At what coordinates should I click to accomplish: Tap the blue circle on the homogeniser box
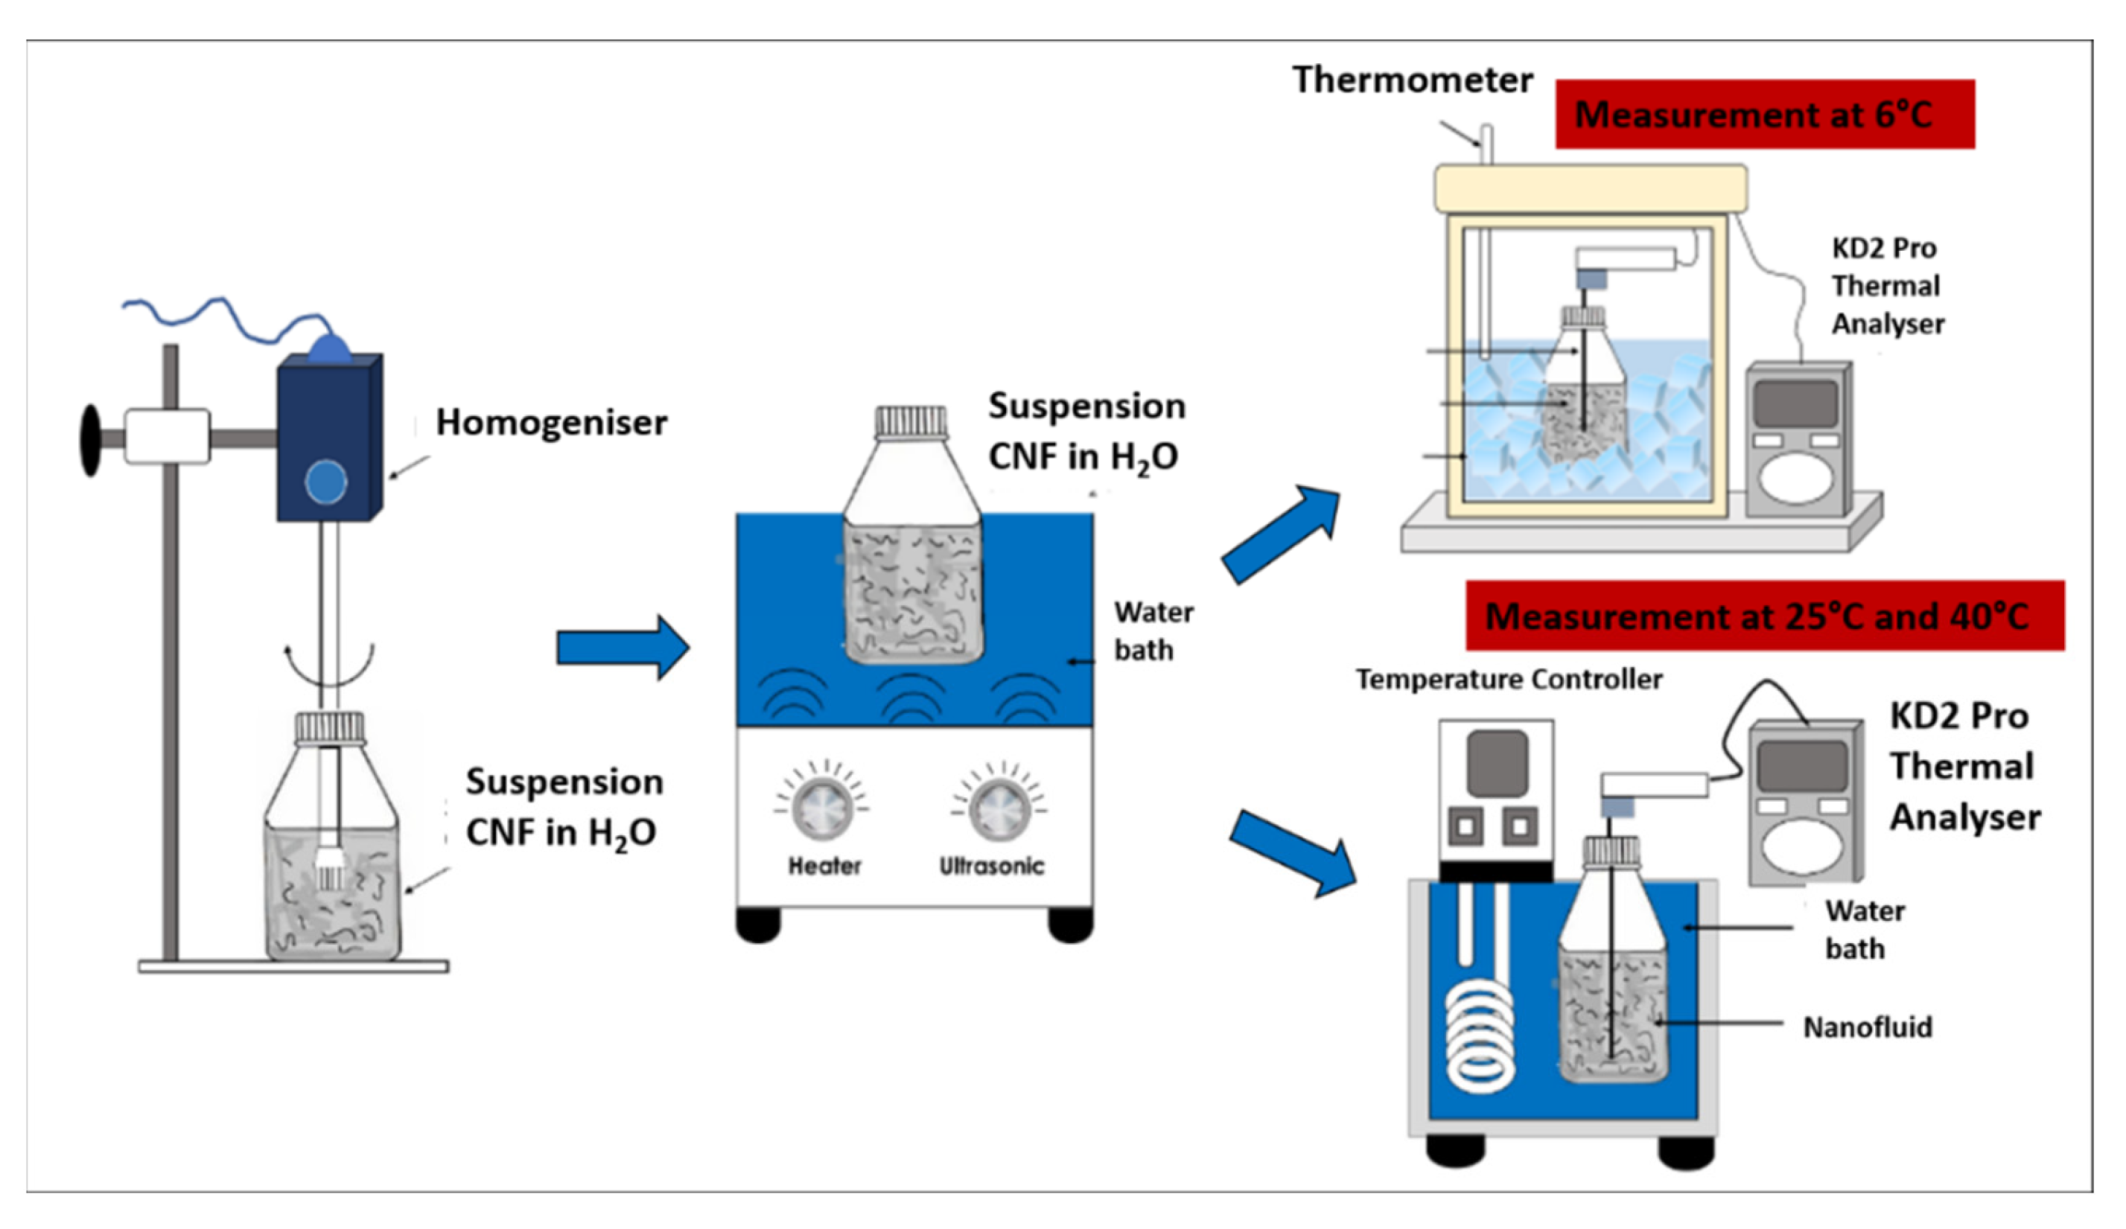click(x=325, y=482)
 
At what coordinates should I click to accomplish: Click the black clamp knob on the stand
click(x=90, y=441)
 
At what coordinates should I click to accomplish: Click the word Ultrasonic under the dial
click(x=992, y=866)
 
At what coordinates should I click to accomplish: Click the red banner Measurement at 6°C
click(x=1764, y=115)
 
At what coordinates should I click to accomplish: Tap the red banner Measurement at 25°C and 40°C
click(x=1764, y=616)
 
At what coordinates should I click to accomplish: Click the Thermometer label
click(x=1413, y=80)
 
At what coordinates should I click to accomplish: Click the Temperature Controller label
click(x=1509, y=679)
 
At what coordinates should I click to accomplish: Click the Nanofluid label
click(x=1867, y=1027)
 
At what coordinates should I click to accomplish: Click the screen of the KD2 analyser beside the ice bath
click(x=1795, y=404)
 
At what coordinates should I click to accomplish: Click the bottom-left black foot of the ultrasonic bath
click(x=757, y=925)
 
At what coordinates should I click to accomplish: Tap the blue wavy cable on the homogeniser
click(x=221, y=317)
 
